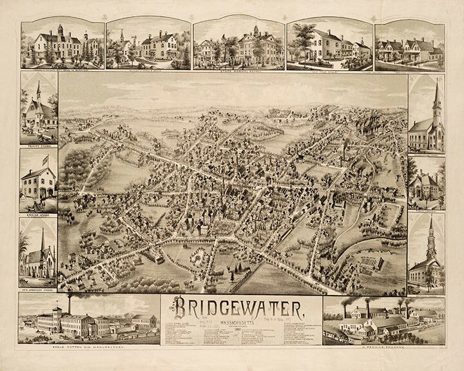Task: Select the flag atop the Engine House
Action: (x=44, y=157)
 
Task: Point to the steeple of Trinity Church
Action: (x=39, y=90)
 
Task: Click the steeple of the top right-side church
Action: (x=436, y=97)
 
